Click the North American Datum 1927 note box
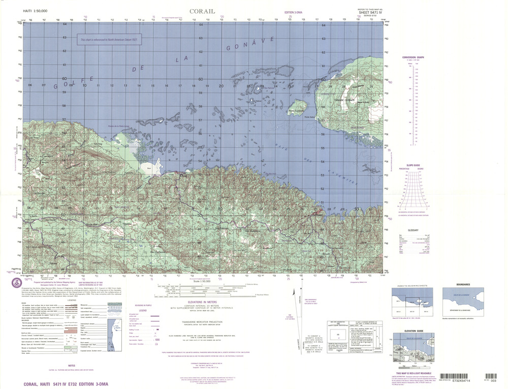pos(109,39)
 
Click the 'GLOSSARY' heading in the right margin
pos(412,230)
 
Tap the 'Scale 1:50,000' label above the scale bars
pos(202,280)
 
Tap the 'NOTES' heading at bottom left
pos(71,365)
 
